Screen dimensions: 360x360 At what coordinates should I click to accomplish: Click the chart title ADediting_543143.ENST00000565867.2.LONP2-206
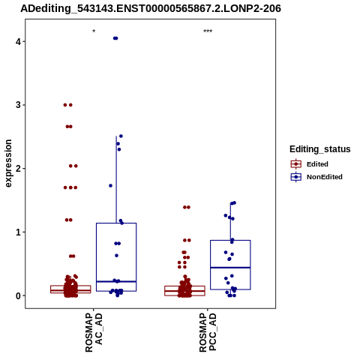point(151,8)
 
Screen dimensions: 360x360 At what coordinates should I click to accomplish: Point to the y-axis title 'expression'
point(8,163)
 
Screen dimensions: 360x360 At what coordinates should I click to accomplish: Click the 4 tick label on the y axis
point(18,41)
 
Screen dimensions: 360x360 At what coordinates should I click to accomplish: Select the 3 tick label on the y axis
point(18,105)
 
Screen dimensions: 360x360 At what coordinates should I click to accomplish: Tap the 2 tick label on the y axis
point(18,169)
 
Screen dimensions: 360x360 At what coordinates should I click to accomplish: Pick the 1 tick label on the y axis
point(18,232)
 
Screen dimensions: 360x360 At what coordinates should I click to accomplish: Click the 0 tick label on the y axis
point(18,295)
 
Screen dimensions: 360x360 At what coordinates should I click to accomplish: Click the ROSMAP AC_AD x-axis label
point(94,333)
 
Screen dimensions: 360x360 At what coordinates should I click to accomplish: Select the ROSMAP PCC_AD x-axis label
point(208,333)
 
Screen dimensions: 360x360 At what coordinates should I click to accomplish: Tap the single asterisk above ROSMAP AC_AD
point(94,31)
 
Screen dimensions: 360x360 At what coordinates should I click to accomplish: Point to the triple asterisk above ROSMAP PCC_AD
point(208,31)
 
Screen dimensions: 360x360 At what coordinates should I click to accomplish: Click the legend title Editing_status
point(320,149)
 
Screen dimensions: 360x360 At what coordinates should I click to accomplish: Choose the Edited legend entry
point(309,164)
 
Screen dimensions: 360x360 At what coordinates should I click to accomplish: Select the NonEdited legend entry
point(316,177)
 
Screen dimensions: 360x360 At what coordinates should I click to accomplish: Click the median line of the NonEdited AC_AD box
point(116,281)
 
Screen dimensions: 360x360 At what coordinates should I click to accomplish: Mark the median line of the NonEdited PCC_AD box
point(230,268)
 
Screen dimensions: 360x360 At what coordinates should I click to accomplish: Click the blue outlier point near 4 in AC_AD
point(115,38)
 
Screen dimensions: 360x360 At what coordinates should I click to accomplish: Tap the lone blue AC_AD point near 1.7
point(110,185)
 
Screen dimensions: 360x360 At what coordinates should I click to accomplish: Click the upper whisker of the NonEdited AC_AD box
point(116,179)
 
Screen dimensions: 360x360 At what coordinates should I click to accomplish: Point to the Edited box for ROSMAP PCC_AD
point(184,291)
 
